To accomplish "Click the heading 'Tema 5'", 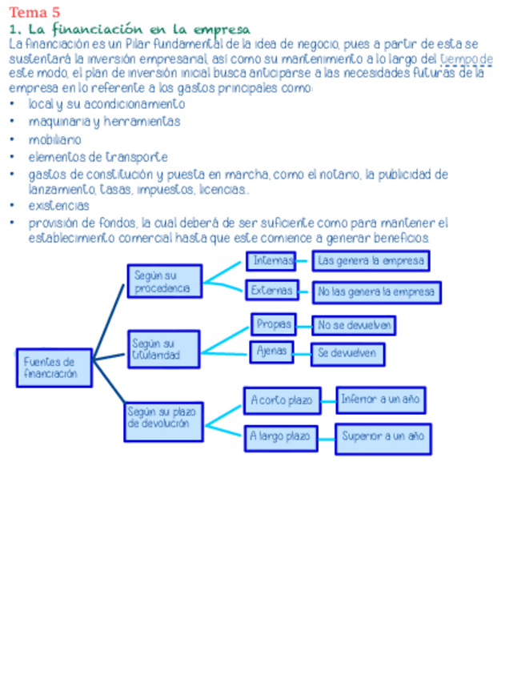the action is (x=34, y=12).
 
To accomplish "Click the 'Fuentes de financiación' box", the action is (x=54, y=368).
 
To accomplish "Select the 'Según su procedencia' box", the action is (x=164, y=281).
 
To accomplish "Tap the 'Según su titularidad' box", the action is (x=164, y=348).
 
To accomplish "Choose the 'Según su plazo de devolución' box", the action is (x=163, y=422).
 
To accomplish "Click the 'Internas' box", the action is (x=271, y=261).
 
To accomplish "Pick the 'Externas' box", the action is (x=272, y=291).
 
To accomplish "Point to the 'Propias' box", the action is (x=273, y=324).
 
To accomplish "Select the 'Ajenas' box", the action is (x=271, y=352).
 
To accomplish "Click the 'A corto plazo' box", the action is (x=282, y=400).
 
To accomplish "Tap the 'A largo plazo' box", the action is (x=281, y=437).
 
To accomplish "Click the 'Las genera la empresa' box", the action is (x=370, y=261).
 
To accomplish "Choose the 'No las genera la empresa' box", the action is (x=376, y=292).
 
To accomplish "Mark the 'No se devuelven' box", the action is (x=354, y=325).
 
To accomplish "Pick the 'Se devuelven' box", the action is (x=347, y=353).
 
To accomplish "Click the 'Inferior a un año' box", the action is (x=380, y=399).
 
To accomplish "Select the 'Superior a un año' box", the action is (x=383, y=437).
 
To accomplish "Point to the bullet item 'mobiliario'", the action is (x=54, y=140).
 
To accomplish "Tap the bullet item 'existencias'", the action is (x=58, y=206).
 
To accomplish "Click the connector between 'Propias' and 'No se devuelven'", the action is (x=304, y=325).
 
